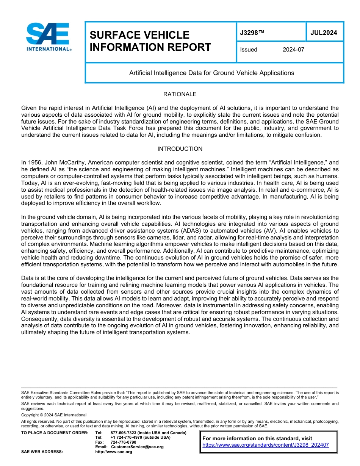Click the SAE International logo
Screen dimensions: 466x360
point(48,37)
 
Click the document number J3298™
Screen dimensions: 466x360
point(252,33)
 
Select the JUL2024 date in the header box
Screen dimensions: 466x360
point(324,33)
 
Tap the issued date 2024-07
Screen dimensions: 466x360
point(293,50)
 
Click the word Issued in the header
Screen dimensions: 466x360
point(249,50)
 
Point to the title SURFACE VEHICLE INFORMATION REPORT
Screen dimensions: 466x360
point(150,41)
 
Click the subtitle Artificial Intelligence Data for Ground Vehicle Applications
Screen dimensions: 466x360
point(211,73)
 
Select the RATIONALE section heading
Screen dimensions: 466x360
point(180,94)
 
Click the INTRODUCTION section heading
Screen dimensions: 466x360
point(180,149)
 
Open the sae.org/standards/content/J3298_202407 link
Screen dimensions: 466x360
point(265,445)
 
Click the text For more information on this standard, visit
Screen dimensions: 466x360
point(257,438)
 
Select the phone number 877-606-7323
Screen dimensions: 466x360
point(123,433)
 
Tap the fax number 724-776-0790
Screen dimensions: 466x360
point(123,442)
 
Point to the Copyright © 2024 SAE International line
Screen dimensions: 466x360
point(54,415)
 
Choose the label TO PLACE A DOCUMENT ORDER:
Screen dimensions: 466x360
point(55,433)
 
